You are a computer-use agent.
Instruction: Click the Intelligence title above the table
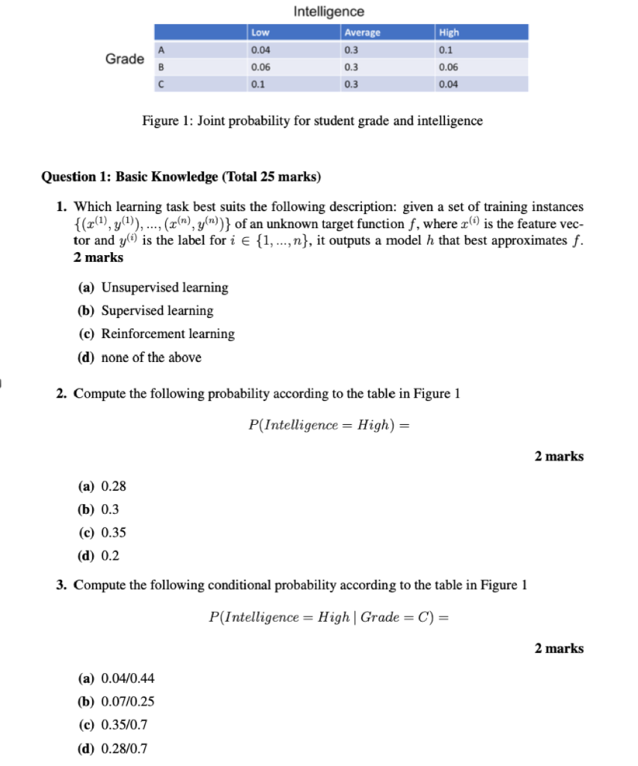pyautogui.click(x=329, y=12)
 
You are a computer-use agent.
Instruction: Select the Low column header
pyautogui.click(x=260, y=32)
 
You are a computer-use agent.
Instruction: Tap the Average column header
pyautogui.click(x=362, y=32)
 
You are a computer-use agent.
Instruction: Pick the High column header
pyautogui.click(x=450, y=32)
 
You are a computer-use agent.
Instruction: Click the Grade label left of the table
pyautogui.click(x=124, y=59)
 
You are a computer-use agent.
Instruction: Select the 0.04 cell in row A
pyautogui.click(x=261, y=50)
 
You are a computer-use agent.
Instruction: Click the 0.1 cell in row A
pyautogui.click(x=448, y=50)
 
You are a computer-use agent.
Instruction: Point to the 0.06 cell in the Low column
pyautogui.click(x=261, y=67)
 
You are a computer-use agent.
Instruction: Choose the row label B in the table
pyautogui.click(x=159, y=67)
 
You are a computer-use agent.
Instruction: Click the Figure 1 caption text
pyautogui.click(x=312, y=120)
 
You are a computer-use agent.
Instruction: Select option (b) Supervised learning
pyautogui.click(x=146, y=310)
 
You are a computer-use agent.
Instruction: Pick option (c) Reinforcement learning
pyautogui.click(x=156, y=334)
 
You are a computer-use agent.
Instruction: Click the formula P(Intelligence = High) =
pyautogui.click(x=329, y=425)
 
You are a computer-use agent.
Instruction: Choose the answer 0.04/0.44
pyautogui.click(x=117, y=678)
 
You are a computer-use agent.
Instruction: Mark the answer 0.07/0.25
pyautogui.click(x=117, y=702)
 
